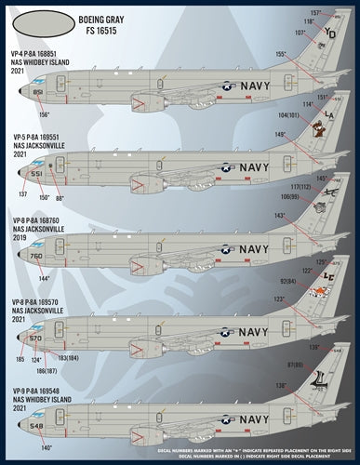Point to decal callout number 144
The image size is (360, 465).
point(72,278)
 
